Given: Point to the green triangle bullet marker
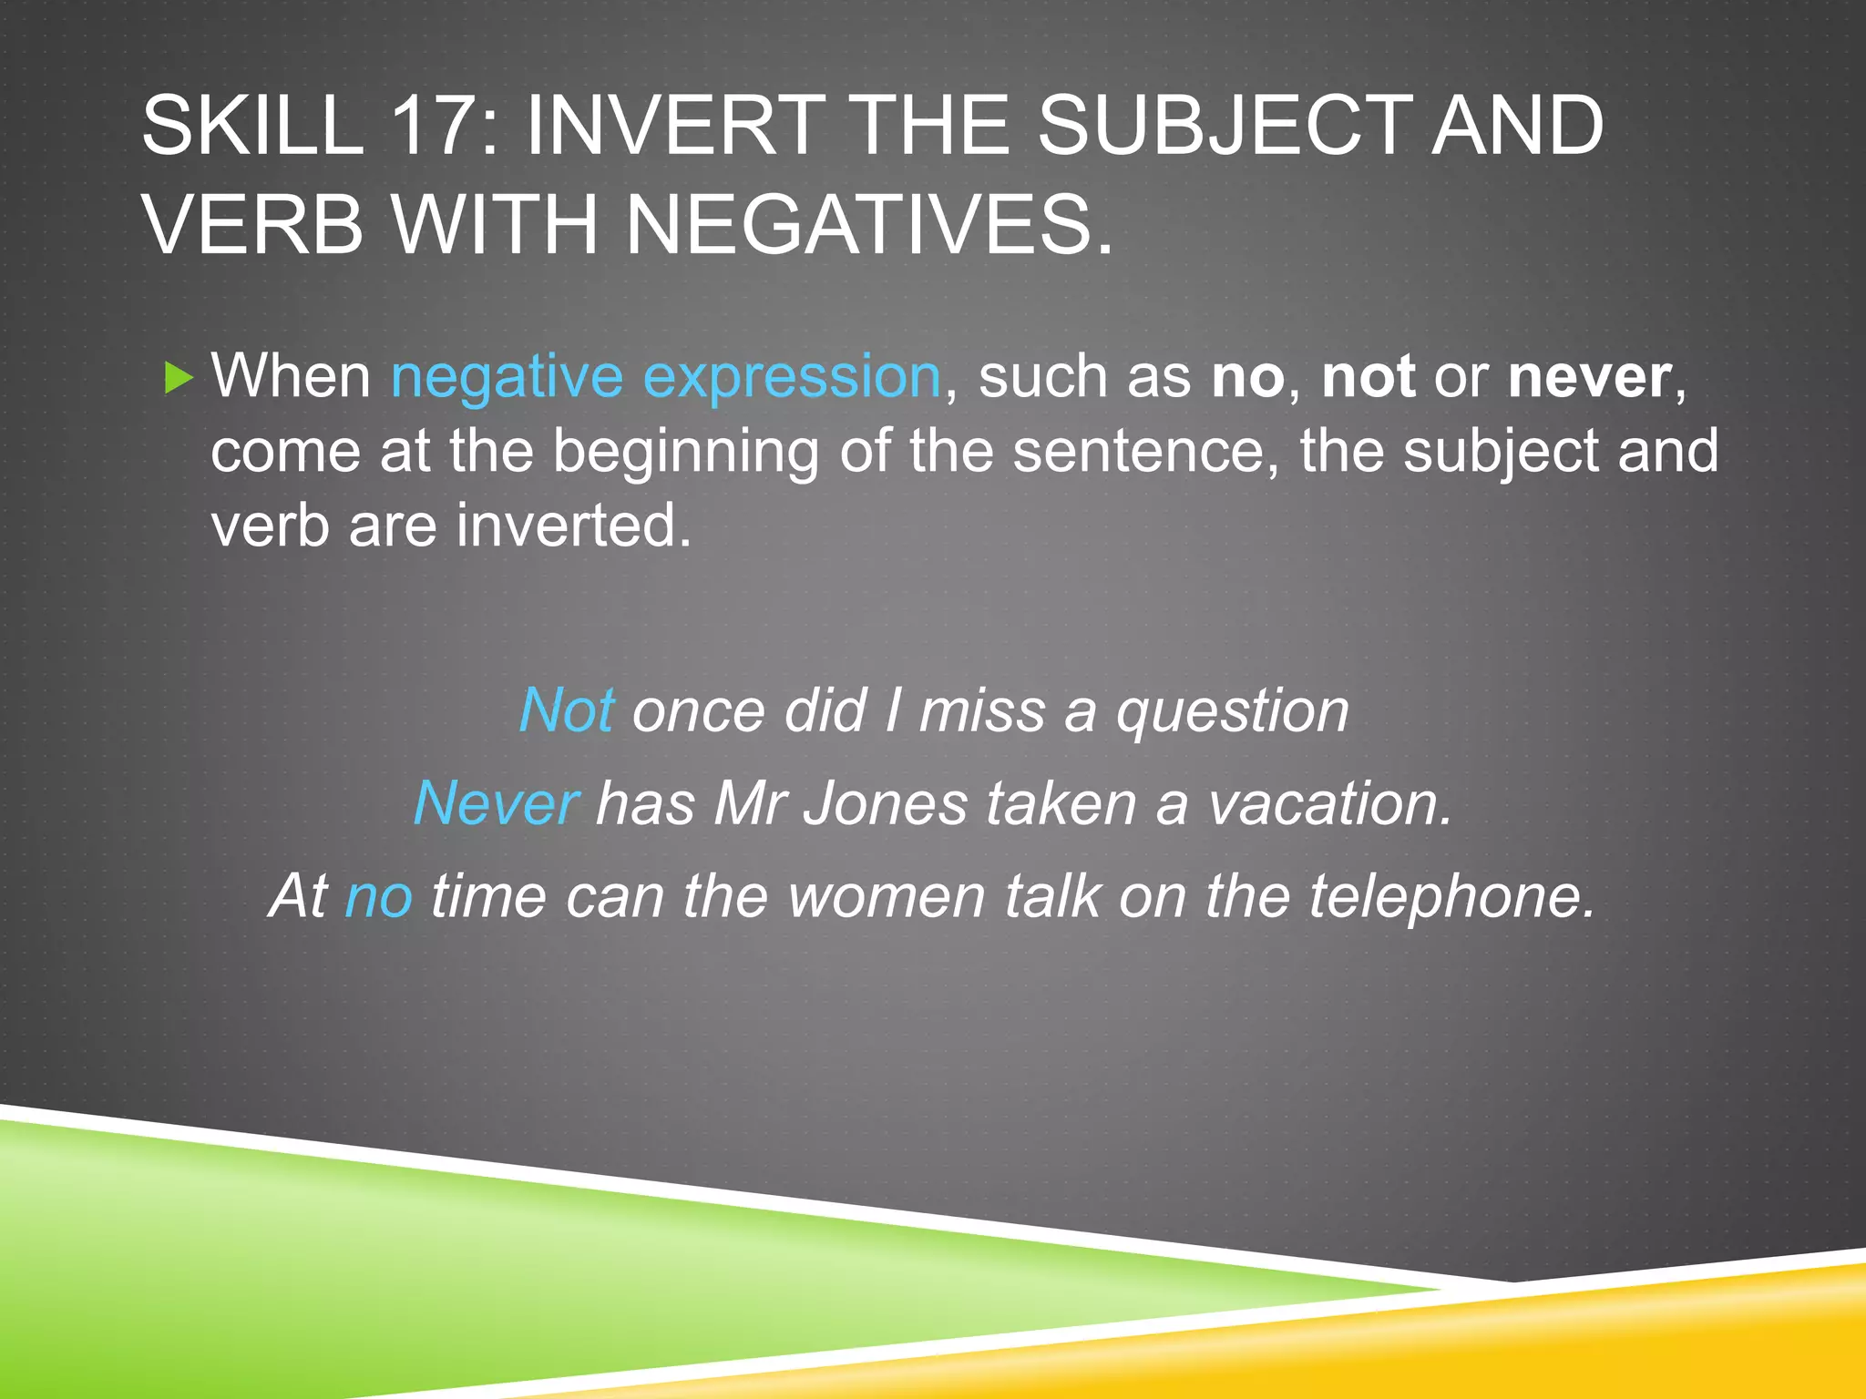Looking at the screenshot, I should click(179, 377).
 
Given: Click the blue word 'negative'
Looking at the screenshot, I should click(507, 377).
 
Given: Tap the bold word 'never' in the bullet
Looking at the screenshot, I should click(1589, 377).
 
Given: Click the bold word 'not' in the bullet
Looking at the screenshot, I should click(1368, 377).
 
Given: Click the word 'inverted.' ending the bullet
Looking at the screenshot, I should click(574, 526).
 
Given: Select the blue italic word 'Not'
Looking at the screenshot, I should click(566, 710).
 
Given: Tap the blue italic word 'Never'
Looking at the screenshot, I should click(496, 804).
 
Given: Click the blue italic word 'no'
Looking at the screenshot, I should click(378, 896).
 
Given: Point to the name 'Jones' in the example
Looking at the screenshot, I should click(885, 804).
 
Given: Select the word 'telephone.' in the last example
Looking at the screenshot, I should click(1452, 896).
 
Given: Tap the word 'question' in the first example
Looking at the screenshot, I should click(1232, 710).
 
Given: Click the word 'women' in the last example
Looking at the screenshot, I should click(887, 896).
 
